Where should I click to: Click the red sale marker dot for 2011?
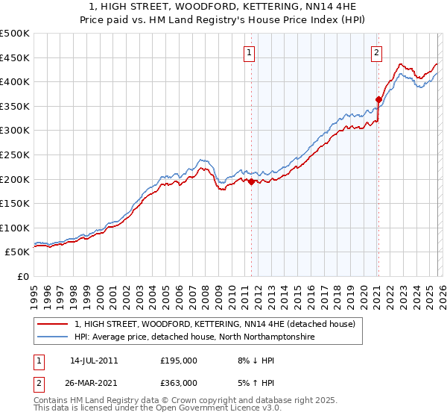[251, 181]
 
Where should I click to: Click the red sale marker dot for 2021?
[378, 99]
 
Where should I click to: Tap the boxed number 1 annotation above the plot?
[248, 52]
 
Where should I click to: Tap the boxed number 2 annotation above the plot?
[377, 52]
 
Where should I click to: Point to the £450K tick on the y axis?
[15, 57]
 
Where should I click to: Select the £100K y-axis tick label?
[15, 228]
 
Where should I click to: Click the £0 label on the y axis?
[22, 276]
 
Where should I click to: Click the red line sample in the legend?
[53, 324]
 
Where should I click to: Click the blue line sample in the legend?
[53, 337]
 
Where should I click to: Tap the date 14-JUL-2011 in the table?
[94, 361]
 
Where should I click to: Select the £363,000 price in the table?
[179, 382]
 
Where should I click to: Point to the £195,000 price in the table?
[179, 361]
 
